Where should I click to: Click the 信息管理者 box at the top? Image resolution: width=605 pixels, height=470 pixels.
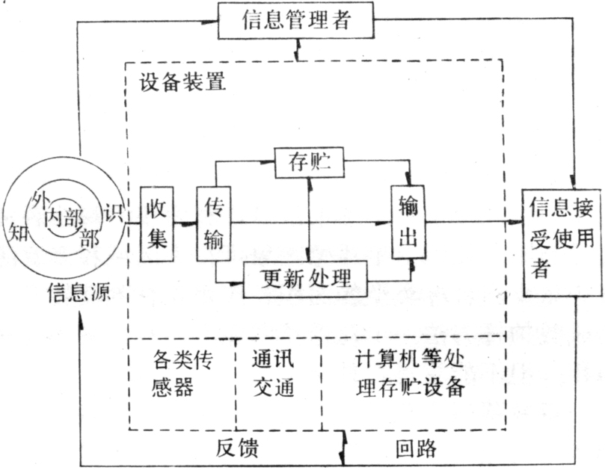[x=296, y=20]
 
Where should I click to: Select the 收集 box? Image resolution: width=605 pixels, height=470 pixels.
[x=156, y=224]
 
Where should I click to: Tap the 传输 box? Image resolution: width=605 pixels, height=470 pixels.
[x=214, y=223]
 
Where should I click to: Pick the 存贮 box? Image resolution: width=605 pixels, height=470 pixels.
[x=310, y=162]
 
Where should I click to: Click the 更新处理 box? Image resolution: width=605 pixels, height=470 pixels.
[x=305, y=279]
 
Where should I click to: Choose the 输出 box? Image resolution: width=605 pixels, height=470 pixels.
[x=408, y=222]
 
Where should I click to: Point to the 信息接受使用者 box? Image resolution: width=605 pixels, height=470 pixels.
[x=562, y=243]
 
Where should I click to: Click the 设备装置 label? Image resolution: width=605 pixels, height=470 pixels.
[x=182, y=81]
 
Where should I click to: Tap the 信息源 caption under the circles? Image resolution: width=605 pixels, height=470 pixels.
[x=79, y=293]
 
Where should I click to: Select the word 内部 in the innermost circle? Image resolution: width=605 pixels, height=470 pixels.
[x=64, y=218]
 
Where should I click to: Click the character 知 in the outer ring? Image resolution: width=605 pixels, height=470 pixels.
[x=19, y=232]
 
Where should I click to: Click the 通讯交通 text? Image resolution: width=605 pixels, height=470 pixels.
[x=274, y=373]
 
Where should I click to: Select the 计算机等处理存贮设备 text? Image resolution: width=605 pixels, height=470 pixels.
[x=410, y=373]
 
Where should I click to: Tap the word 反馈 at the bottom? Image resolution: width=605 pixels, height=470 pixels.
[x=236, y=448]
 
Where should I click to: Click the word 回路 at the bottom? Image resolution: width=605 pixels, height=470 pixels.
[x=417, y=448]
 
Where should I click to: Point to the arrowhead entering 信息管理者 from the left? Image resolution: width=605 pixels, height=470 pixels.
[x=210, y=21]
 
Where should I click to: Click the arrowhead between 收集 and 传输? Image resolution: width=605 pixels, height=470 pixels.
[x=189, y=223]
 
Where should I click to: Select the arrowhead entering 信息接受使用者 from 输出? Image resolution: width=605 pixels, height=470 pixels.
[x=515, y=222]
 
